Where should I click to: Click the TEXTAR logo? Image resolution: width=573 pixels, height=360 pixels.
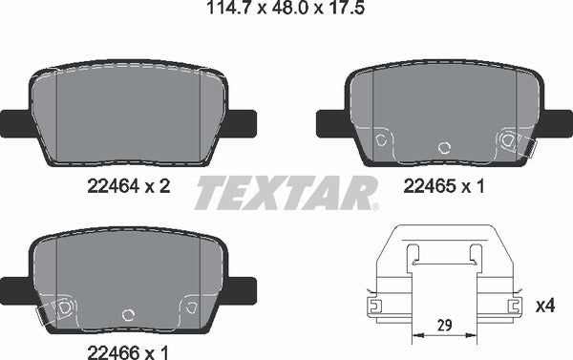coord(286,193)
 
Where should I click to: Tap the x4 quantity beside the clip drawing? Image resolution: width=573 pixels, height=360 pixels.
coord(545,306)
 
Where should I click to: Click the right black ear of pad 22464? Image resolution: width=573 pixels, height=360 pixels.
coord(242,122)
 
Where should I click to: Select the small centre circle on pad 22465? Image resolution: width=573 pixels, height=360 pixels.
coord(442,148)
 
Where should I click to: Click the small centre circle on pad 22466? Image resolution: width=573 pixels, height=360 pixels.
coord(128,312)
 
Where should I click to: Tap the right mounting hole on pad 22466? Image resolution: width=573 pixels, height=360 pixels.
coord(190,306)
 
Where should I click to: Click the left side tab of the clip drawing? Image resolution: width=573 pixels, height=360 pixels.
coord(375,306)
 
